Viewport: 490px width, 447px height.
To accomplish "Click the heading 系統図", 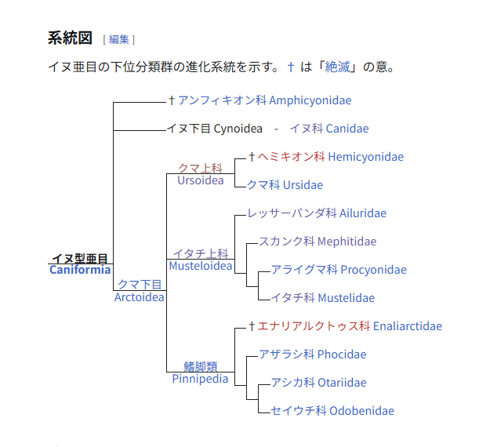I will coord(70,38).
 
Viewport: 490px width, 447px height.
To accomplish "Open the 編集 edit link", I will coord(118,39).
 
